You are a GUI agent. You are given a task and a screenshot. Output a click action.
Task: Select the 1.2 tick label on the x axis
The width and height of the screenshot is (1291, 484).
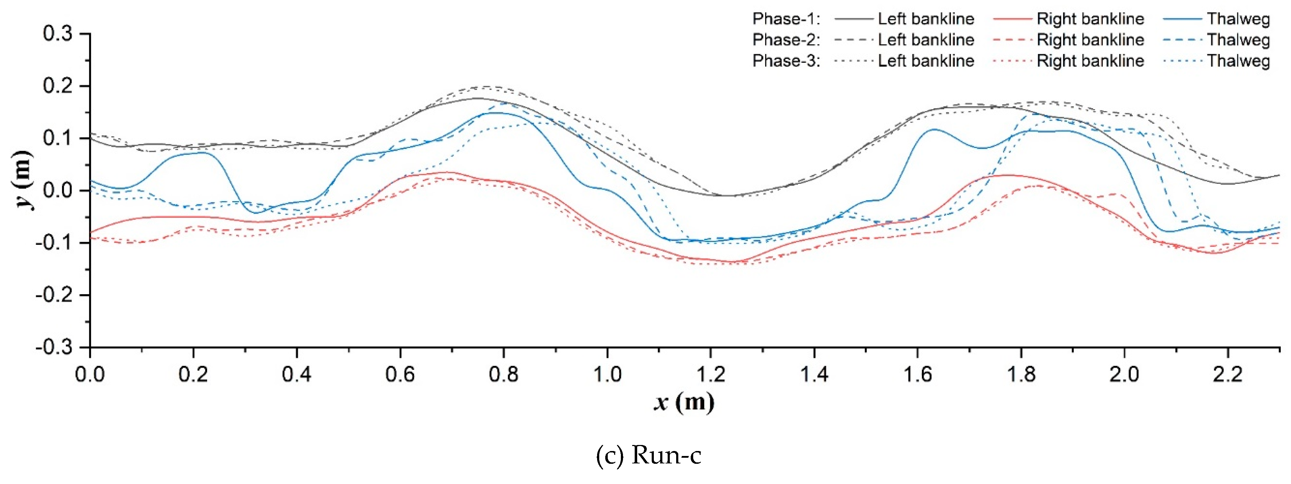711,374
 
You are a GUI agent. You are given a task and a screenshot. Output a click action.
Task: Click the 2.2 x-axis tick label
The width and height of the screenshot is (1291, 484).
1227,374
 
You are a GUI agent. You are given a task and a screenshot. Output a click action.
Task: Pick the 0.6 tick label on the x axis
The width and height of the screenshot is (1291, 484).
400,374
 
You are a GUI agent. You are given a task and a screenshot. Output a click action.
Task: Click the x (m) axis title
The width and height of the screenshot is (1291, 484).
684,402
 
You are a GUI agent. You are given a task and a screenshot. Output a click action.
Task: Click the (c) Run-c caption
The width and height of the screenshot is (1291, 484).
649,455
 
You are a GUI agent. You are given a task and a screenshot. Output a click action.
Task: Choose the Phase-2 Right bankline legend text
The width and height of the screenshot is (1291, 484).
1090,40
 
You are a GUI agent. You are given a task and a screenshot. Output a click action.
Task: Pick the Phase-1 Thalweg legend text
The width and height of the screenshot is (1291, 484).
1238,19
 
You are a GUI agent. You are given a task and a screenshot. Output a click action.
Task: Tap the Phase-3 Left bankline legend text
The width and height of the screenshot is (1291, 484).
926,61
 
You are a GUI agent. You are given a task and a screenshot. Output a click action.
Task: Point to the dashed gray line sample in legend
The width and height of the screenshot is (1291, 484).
853,40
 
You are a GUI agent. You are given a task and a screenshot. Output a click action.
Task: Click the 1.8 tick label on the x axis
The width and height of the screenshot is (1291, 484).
1021,374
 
